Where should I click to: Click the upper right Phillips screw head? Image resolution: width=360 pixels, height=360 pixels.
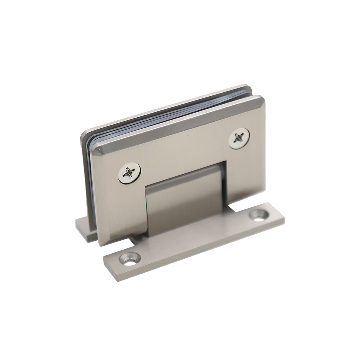pyautogui.click(x=239, y=138)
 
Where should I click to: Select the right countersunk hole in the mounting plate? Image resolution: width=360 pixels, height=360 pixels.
pyautogui.click(x=259, y=215)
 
